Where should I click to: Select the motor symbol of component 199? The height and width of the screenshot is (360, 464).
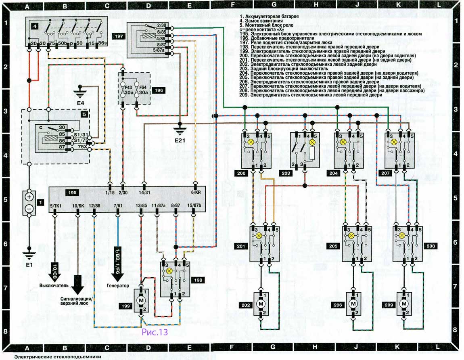141,301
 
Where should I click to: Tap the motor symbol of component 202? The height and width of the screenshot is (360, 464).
261,304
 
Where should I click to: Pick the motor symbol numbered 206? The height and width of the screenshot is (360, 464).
353,304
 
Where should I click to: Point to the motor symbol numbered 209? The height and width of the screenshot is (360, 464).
403,304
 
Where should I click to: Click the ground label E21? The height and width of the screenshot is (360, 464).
180,140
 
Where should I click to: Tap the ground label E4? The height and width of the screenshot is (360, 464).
80,103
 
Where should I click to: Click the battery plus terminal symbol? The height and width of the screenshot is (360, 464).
29,197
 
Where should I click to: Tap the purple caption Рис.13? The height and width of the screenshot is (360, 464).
154,332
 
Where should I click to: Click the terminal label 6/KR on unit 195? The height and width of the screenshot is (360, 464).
195,193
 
